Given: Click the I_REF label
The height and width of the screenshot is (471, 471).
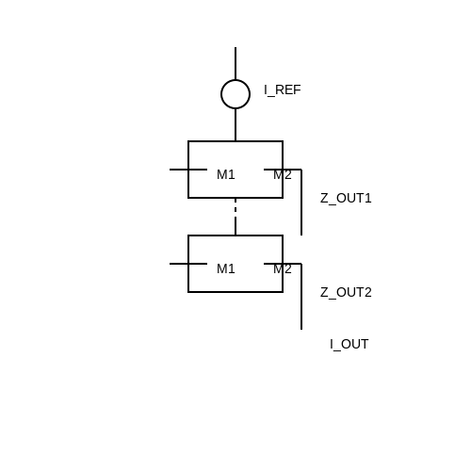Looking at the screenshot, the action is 283,90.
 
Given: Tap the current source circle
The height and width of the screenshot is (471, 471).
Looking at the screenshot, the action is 235,80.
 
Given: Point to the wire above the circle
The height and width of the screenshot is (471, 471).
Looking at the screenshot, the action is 235,63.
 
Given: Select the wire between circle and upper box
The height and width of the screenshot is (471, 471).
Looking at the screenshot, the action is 235,125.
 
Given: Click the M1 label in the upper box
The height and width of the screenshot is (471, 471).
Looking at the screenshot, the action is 226,174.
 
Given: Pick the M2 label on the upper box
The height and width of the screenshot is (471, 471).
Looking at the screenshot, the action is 283,174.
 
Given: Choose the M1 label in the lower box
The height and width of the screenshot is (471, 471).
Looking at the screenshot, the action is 226,268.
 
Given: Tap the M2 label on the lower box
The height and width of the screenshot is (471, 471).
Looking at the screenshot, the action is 283,268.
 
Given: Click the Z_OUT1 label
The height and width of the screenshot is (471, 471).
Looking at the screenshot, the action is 346,199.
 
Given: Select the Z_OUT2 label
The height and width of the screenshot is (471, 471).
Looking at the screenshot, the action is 346,293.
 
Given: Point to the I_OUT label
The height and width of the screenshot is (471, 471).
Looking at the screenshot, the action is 349,345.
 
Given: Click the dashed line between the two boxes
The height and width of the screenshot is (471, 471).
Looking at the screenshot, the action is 235,217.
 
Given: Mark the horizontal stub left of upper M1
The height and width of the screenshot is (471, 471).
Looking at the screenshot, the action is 188,170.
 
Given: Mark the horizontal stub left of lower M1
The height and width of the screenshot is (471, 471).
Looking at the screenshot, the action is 188,264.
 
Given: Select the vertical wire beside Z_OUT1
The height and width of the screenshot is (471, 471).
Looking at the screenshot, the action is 301,203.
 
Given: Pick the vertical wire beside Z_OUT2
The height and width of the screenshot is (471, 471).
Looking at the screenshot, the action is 301,297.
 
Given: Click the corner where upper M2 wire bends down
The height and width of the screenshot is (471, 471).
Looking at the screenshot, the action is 301,170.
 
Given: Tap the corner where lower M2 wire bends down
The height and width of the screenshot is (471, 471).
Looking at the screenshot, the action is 301,264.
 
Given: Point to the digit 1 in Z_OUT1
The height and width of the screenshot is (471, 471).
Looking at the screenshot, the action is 368,198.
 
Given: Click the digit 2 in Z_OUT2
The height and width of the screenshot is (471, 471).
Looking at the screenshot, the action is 367,292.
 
